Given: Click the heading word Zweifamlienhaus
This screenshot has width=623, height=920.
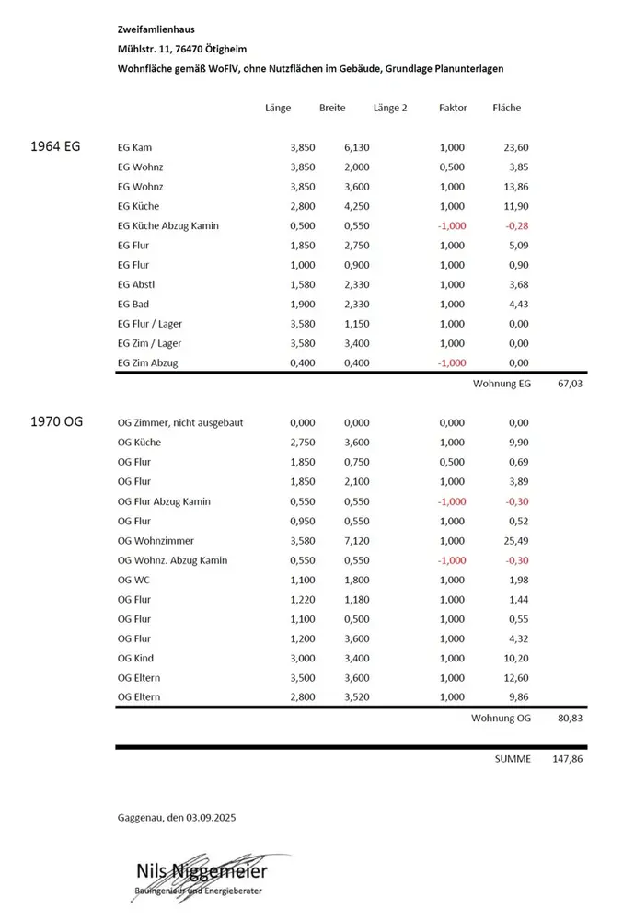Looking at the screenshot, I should [x=156, y=29].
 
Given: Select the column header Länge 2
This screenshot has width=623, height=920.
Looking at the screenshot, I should [x=390, y=108].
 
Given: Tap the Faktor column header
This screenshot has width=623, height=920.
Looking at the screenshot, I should [x=453, y=108].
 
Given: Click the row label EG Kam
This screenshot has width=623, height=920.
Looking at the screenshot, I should [x=135, y=147].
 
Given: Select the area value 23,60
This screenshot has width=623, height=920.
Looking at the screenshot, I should [x=515, y=147].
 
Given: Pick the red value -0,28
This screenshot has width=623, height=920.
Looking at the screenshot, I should [x=515, y=225].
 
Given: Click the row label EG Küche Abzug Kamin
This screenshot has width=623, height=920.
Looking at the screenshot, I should [x=168, y=225].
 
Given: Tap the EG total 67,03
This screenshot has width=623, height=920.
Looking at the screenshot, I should [x=571, y=382].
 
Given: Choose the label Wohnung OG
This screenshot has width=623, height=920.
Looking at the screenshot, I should [x=502, y=717].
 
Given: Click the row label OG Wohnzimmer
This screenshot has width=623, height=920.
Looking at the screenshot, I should [x=156, y=540].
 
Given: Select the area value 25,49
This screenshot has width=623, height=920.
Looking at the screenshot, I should [x=515, y=540].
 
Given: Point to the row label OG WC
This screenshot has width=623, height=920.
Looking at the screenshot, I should [x=133, y=580].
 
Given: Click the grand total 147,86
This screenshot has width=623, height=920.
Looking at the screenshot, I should [x=567, y=760].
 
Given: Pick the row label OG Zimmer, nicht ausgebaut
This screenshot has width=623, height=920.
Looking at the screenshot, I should [x=181, y=422].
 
